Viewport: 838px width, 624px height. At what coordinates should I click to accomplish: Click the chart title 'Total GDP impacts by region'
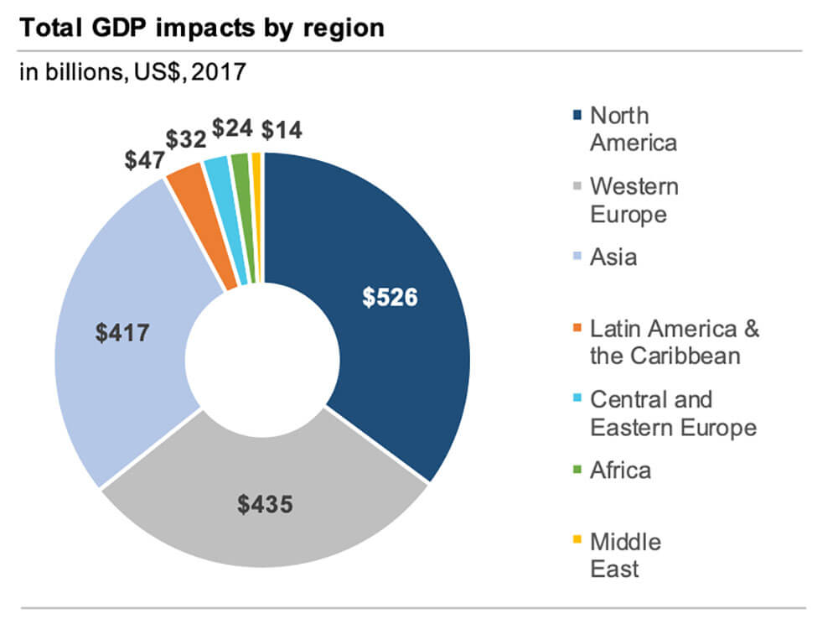[x=201, y=28]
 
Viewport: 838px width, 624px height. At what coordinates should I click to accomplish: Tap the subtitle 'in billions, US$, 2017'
[x=132, y=72]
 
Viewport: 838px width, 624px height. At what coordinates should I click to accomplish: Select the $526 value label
[x=390, y=298]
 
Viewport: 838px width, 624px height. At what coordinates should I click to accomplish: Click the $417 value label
[x=123, y=333]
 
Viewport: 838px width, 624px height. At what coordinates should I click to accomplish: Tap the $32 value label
[x=185, y=139]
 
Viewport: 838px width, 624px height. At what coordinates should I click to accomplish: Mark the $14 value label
[x=282, y=130]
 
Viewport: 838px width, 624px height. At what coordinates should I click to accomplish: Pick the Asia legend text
[x=613, y=257]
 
